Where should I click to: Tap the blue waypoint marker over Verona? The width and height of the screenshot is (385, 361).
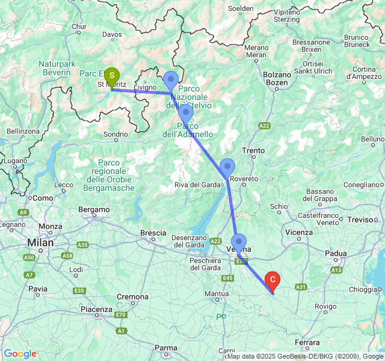click(238, 242)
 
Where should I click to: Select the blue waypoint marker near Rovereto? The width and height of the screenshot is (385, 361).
click(227, 167)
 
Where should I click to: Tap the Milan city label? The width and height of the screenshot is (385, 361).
click(40, 243)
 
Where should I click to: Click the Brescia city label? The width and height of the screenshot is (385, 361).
click(153, 232)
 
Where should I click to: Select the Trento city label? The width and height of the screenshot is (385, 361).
click(253, 150)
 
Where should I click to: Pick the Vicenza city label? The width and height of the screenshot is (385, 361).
click(299, 232)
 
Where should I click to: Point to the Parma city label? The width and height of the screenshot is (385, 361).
click(166, 348)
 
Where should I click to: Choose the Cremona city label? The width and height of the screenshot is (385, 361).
click(132, 297)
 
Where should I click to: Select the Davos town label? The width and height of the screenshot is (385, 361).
click(112, 34)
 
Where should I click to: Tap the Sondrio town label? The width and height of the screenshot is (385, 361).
click(115, 134)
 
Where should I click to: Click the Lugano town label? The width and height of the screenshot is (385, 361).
click(15, 161)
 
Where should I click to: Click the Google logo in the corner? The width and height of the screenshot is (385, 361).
click(20, 354)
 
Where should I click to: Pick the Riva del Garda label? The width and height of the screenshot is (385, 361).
click(196, 185)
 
